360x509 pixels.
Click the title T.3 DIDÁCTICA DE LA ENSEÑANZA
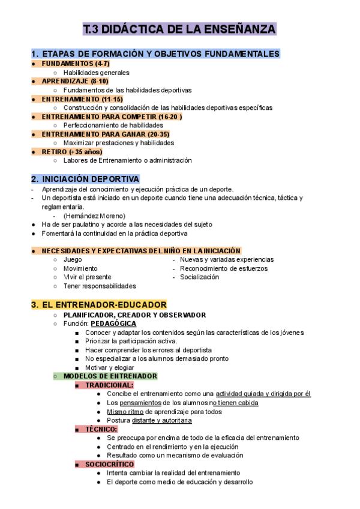pos(179,30)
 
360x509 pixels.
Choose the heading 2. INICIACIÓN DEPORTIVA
pos(85,179)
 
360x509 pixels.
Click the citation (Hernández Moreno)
pos(94,215)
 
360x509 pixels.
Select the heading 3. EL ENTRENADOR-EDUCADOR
pos(98,305)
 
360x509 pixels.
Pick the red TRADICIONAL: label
pos(109,385)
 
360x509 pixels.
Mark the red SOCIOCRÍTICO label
pos(109,464)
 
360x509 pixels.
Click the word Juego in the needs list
pos(73,259)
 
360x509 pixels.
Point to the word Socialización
pos(200,277)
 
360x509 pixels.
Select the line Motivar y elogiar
pos(110,367)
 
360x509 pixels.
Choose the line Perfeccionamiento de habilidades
pos(113,125)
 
